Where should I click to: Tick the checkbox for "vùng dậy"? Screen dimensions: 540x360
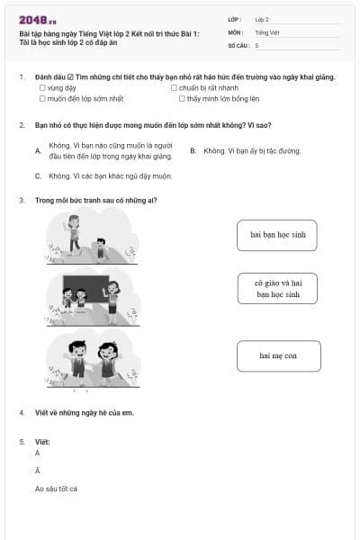(x=42, y=88)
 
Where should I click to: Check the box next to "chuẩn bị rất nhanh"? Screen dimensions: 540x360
(x=174, y=88)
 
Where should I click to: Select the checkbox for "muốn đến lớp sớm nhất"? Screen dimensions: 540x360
(x=42, y=98)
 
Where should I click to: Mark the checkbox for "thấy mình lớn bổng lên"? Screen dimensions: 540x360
(x=182, y=98)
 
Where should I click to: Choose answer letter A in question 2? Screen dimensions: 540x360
(x=37, y=150)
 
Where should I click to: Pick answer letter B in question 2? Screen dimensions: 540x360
(x=193, y=150)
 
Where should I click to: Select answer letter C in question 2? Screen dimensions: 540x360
(x=37, y=175)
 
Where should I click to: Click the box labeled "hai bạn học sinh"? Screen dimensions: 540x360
(x=277, y=235)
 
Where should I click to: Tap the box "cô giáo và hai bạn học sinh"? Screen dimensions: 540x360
(x=277, y=288)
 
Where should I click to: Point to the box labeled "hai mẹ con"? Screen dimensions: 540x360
(x=277, y=355)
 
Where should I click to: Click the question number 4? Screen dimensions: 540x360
(x=21, y=412)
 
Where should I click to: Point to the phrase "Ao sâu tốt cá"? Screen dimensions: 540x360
(x=56, y=489)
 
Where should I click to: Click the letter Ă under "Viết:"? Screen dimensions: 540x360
(x=37, y=471)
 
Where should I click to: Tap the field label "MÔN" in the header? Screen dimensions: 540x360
(x=235, y=31)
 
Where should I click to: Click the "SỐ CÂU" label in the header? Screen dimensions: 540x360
(x=238, y=44)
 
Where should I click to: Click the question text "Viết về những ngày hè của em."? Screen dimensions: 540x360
(x=84, y=412)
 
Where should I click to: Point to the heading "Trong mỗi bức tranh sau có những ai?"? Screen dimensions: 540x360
(x=95, y=200)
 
